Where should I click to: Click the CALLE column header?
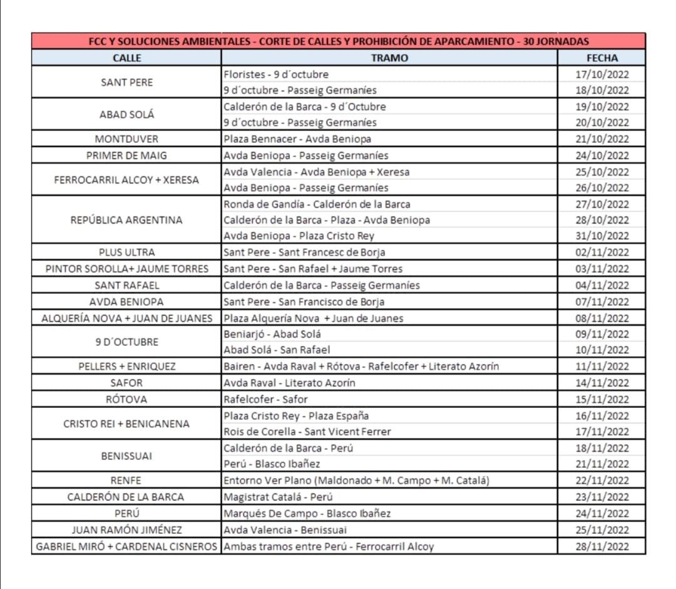coord(126,58)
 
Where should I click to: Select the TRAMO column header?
coord(389,58)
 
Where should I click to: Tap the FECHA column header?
coord(602,58)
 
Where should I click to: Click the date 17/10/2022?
coord(602,74)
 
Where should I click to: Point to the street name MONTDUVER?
coord(126,138)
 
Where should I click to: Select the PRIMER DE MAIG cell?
coord(126,155)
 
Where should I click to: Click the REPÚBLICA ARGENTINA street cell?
coord(126,220)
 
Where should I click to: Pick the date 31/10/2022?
coord(602,236)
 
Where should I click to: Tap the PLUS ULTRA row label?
coord(126,253)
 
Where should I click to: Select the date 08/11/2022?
coord(602,318)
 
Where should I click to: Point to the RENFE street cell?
coord(126,481)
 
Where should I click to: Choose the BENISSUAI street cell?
coord(126,456)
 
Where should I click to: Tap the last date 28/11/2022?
coord(602,546)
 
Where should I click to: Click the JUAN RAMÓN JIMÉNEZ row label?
coord(126,530)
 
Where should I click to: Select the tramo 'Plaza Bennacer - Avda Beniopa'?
coord(297,138)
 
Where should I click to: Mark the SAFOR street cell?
coord(126,383)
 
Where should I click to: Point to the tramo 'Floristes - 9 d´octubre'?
coord(275,74)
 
